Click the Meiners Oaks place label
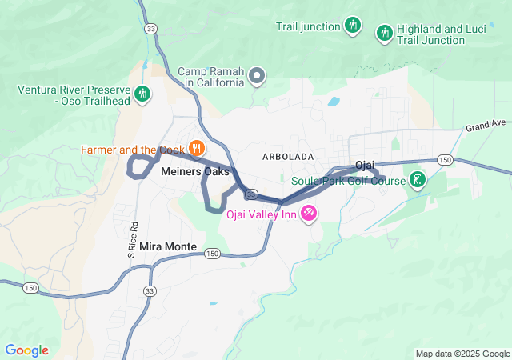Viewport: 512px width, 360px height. tap(195, 171)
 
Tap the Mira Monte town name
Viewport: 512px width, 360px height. tap(168, 246)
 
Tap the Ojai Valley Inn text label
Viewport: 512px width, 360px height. tap(261, 214)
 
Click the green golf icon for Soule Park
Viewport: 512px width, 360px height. tap(417, 179)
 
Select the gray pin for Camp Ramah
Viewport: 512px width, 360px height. tap(257, 77)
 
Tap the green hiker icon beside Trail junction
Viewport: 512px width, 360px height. tap(352, 26)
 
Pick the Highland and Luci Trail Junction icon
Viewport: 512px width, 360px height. tap(384, 33)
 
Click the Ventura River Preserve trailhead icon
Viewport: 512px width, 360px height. tap(142, 94)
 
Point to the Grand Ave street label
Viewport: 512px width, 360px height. tap(486, 125)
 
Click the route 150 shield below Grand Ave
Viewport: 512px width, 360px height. tap(446, 161)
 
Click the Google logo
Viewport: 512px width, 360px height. tap(26, 350)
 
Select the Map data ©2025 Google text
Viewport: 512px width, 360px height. tap(462, 354)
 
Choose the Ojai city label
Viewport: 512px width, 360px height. tap(365, 165)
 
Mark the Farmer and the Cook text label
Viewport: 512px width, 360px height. tap(131, 149)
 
